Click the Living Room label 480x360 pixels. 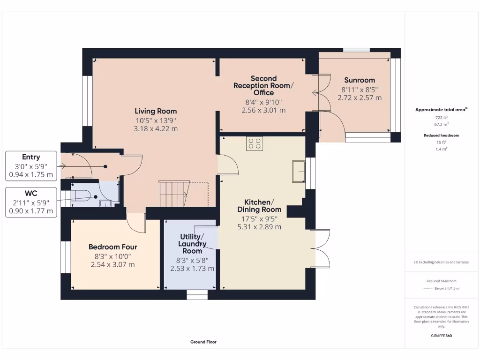click(x=156, y=111)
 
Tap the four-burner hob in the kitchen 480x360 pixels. click(x=255, y=143)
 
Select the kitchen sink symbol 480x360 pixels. click(x=299, y=172)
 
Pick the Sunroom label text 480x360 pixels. click(x=360, y=80)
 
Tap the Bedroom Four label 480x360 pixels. click(x=112, y=247)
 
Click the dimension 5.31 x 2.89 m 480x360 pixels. click(x=259, y=227)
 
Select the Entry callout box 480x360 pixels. click(x=31, y=166)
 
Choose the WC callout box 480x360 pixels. click(x=31, y=202)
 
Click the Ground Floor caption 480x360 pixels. click(x=203, y=342)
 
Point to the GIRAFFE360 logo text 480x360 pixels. click(x=442, y=336)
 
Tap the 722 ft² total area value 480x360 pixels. click(x=442, y=117)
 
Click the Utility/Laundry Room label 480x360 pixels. click(x=192, y=244)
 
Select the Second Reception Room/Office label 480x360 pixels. click(x=263, y=85)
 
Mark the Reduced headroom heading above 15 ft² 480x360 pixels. click(x=442, y=135)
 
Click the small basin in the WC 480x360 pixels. click(x=105, y=203)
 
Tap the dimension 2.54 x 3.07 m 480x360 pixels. click(x=112, y=264)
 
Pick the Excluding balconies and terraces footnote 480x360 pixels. click(x=442, y=262)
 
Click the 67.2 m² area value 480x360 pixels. click(x=442, y=124)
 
